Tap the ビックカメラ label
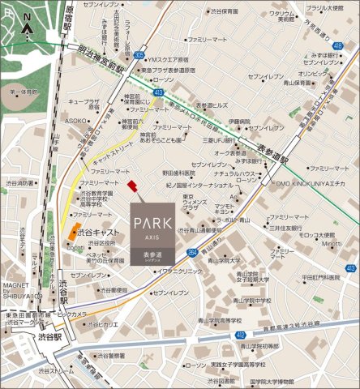[71, 312]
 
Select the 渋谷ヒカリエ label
[103, 323]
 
